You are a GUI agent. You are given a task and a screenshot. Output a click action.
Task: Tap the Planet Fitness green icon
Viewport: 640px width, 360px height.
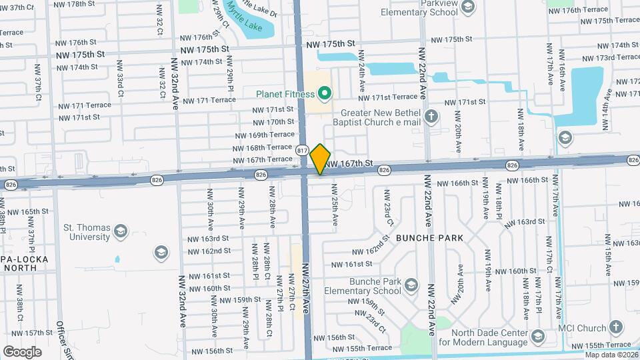point(325,93)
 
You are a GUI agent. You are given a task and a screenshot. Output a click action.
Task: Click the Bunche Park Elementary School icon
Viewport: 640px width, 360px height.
point(411,286)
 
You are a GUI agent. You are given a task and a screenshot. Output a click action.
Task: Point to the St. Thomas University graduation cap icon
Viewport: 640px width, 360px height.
point(120,231)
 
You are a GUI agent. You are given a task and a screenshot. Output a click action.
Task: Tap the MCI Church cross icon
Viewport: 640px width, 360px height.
point(615,328)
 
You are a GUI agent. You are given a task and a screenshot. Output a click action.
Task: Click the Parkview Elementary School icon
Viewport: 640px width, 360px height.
point(467,7)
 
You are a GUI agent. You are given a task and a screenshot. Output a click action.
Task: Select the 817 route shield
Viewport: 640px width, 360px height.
point(303,151)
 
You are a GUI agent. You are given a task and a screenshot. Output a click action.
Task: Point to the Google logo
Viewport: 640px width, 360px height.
point(22,351)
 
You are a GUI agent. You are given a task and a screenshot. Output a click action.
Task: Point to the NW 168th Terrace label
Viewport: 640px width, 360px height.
point(263,147)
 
